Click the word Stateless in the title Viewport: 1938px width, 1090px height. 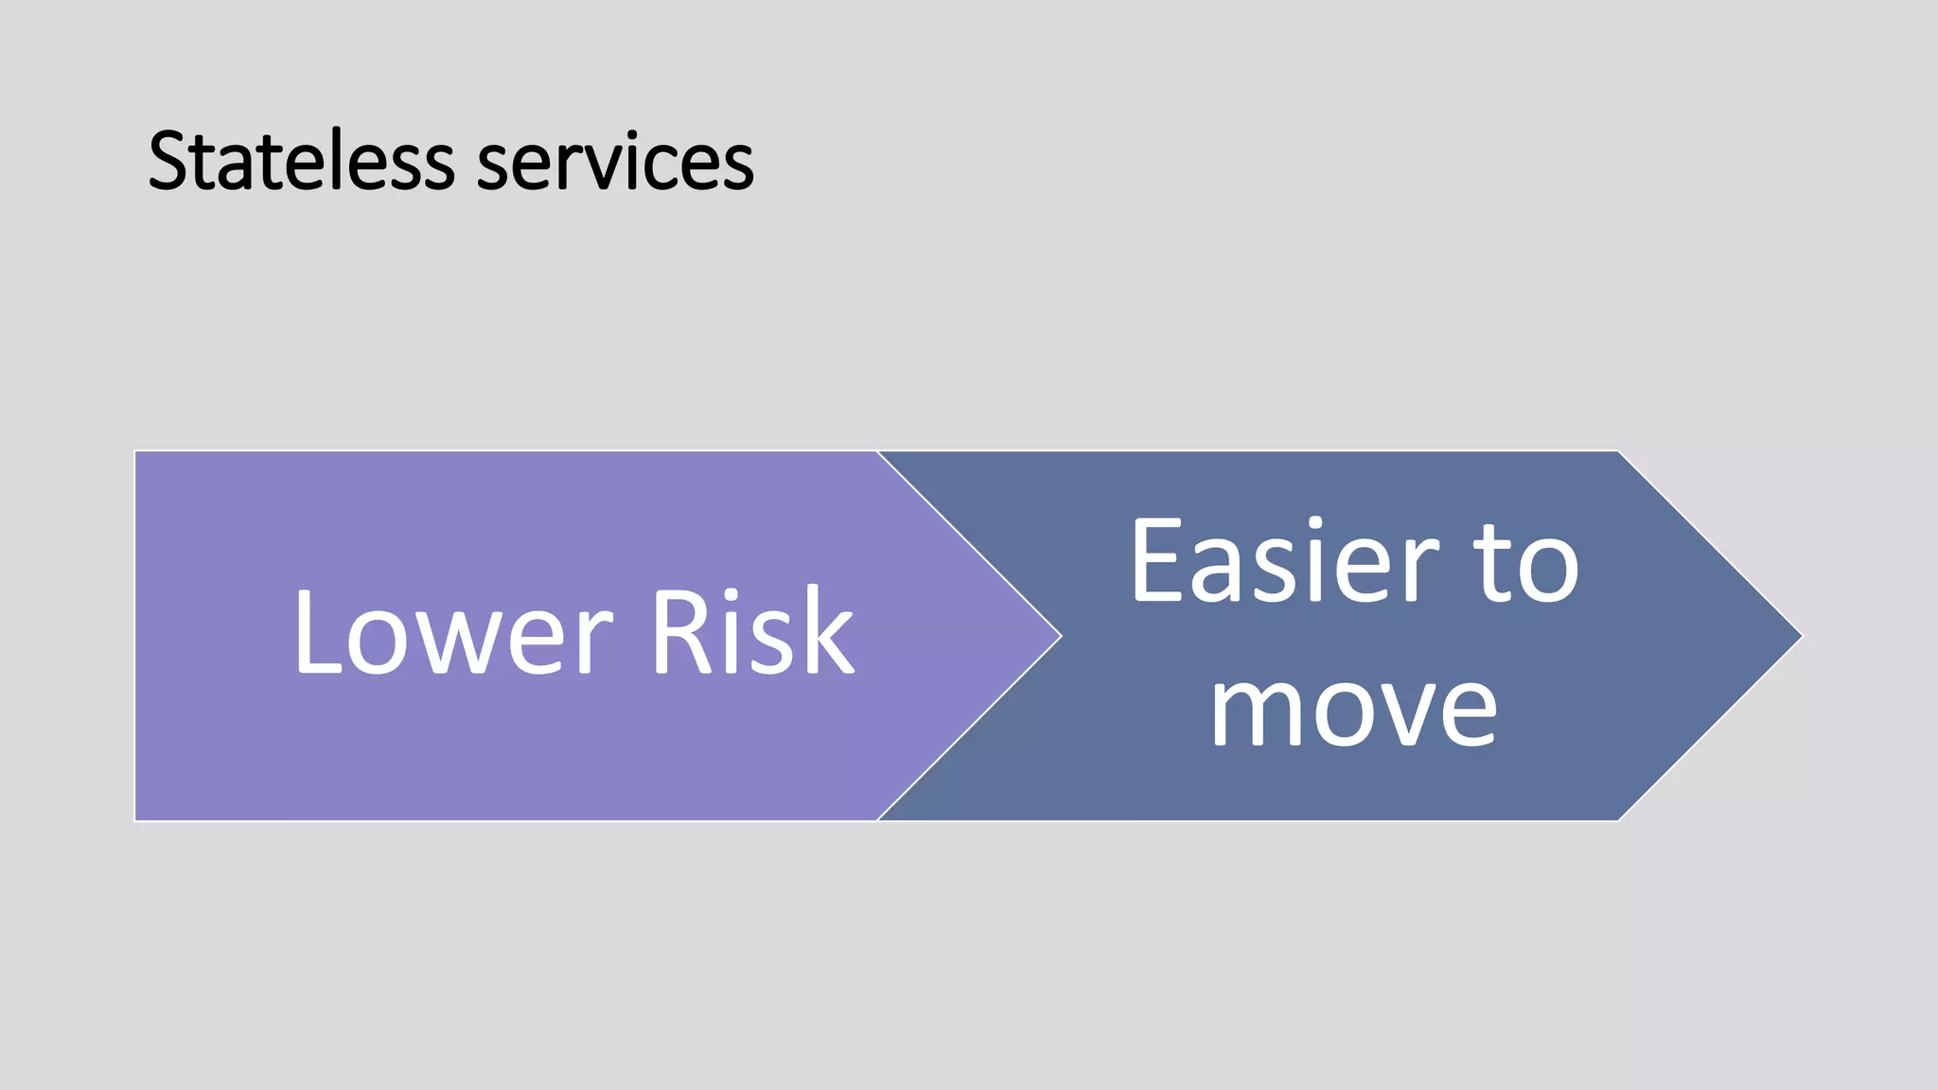pos(301,161)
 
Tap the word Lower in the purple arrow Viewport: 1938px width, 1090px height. pos(452,632)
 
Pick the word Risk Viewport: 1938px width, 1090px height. pos(752,632)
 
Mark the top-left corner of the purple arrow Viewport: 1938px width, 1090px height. pos(137,453)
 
